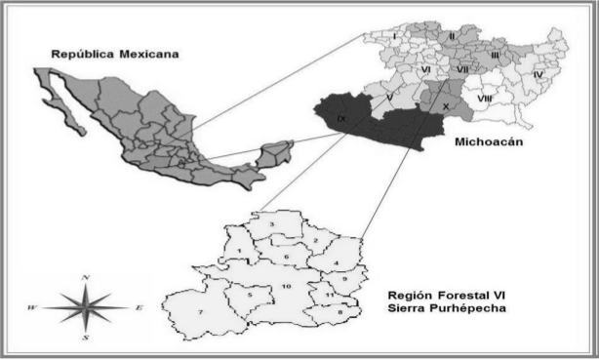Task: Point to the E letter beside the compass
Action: pos(139,308)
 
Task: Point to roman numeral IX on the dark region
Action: pos(340,118)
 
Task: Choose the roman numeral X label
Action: pos(446,105)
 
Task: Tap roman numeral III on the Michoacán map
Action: pos(495,56)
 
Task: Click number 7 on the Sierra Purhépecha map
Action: pos(200,311)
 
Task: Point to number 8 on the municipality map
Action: pos(339,311)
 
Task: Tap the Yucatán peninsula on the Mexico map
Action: pos(277,152)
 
